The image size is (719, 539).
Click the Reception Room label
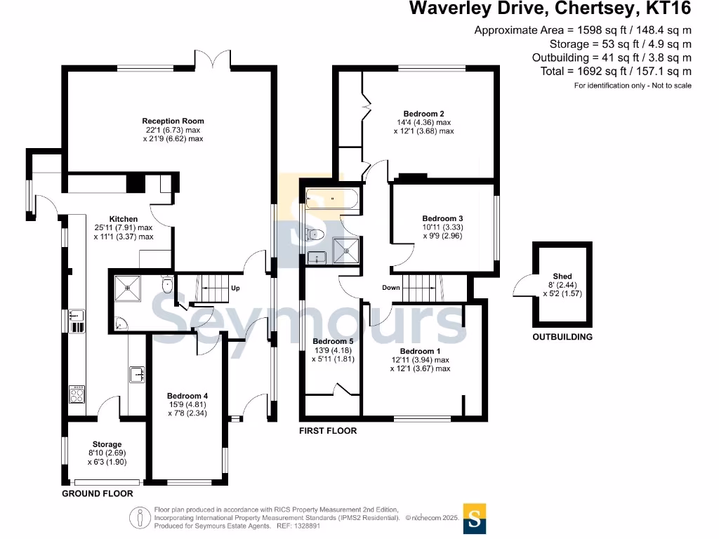173,121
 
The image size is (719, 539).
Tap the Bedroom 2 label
423,113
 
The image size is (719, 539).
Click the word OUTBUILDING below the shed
562,337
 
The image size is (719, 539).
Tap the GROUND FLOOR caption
98,493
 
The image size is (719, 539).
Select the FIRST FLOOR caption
328,430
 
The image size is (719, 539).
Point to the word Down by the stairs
391,288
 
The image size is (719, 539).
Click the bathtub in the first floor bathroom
331,199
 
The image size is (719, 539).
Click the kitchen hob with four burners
76,394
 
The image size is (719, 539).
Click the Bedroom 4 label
187,396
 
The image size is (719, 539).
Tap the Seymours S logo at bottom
475,519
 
